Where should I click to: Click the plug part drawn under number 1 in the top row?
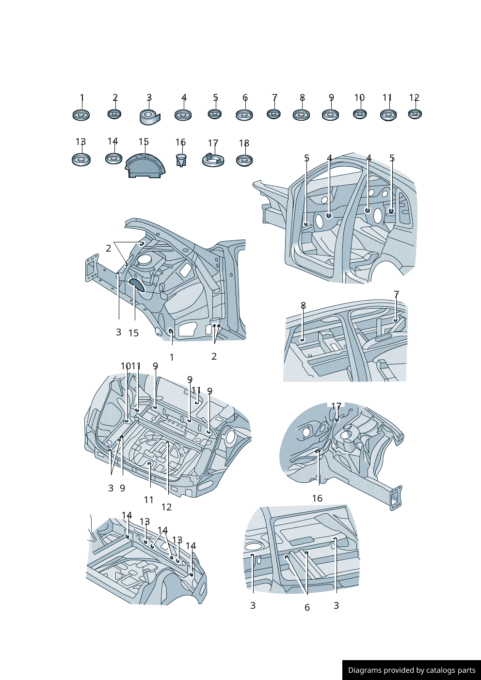point(81,115)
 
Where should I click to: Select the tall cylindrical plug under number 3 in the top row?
point(149,117)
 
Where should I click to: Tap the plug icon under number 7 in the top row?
point(273,114)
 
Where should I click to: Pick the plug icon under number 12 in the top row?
point(415,114)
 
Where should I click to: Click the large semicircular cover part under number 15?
point(145,166)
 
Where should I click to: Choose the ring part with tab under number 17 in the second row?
point(213,160)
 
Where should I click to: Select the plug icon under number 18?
point(244,160)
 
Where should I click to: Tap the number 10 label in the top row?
point(359,97)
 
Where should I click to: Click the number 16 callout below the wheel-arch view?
point(317,498)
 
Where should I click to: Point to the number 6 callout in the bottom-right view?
point(307,607)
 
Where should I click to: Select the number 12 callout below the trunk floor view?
point(166,507)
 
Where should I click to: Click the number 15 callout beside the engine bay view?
point(133,333)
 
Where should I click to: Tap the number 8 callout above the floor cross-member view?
point(304,305)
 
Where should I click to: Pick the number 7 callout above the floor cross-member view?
point(396,294)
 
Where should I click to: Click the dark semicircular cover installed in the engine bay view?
point(137,284)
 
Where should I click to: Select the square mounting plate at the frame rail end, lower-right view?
point(396,498)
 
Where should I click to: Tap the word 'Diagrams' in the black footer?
point(365,670)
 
